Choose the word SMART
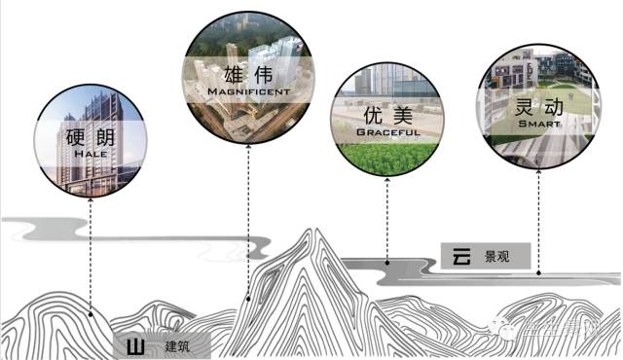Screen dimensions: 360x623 537,125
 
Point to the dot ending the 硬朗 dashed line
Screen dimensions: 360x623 91,313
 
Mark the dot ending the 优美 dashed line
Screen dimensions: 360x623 387,261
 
